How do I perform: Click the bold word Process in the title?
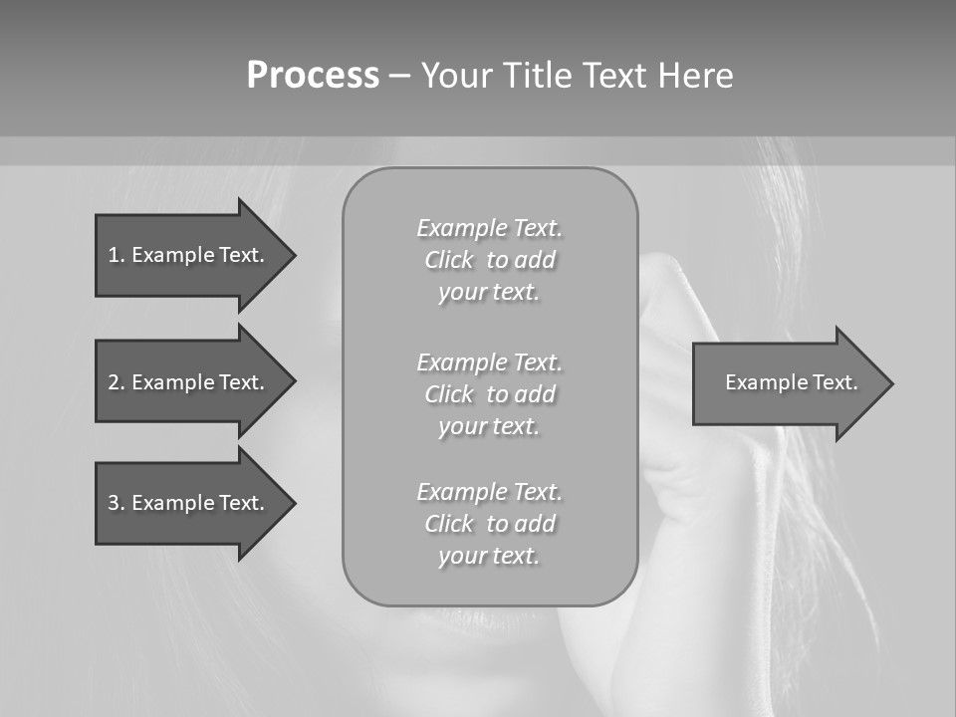[313, 76]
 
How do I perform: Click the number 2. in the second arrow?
[116, 382]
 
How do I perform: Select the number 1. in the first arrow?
[116, 255]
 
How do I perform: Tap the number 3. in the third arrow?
[116, 503]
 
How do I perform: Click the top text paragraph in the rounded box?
[489, 260]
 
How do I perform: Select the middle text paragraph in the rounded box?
[489, 394]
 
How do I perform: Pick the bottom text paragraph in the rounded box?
[489, 524]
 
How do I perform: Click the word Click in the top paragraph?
[449, 261]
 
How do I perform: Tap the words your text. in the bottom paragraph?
[489, 556]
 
